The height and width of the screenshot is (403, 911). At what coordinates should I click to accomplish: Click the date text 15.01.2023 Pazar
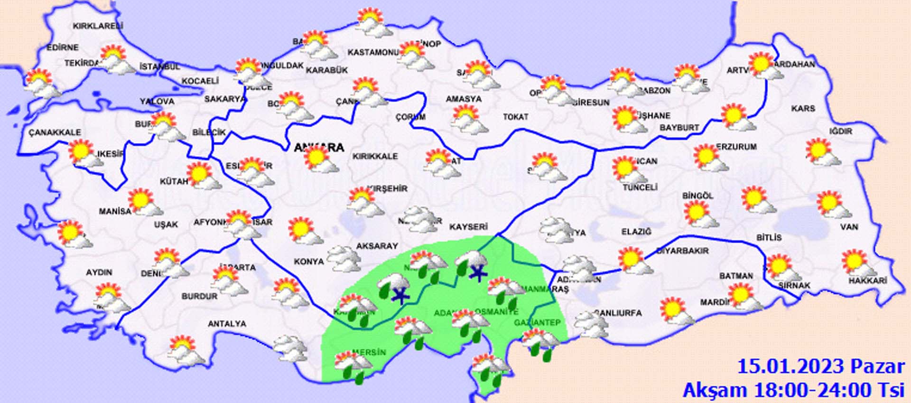point(821,367)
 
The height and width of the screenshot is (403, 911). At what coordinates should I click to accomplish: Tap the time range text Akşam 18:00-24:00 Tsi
point(793,390)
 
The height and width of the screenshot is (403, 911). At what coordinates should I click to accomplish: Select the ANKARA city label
point(319,147)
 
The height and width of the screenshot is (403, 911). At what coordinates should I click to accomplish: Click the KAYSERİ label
point(468,227)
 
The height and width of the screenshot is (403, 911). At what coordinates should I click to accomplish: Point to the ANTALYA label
point(227,324)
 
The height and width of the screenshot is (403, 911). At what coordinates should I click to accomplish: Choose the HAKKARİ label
point(867,281)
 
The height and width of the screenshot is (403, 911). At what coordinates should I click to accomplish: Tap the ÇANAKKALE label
point(55,132)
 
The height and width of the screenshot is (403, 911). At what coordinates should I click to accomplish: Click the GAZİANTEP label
point(537,323)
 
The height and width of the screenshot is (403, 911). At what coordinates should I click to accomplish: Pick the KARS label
point(803,109)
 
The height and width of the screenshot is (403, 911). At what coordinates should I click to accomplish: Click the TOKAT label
point(515,116)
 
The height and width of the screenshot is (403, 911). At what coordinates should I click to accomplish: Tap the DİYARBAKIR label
point(682,251)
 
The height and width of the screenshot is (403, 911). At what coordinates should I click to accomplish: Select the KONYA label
point(309,262)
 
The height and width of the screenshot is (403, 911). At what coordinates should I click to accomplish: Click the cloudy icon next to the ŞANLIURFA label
point(590,325)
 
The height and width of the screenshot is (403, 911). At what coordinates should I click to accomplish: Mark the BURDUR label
point(199,296)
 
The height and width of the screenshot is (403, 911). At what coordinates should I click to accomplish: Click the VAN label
point(849,227)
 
